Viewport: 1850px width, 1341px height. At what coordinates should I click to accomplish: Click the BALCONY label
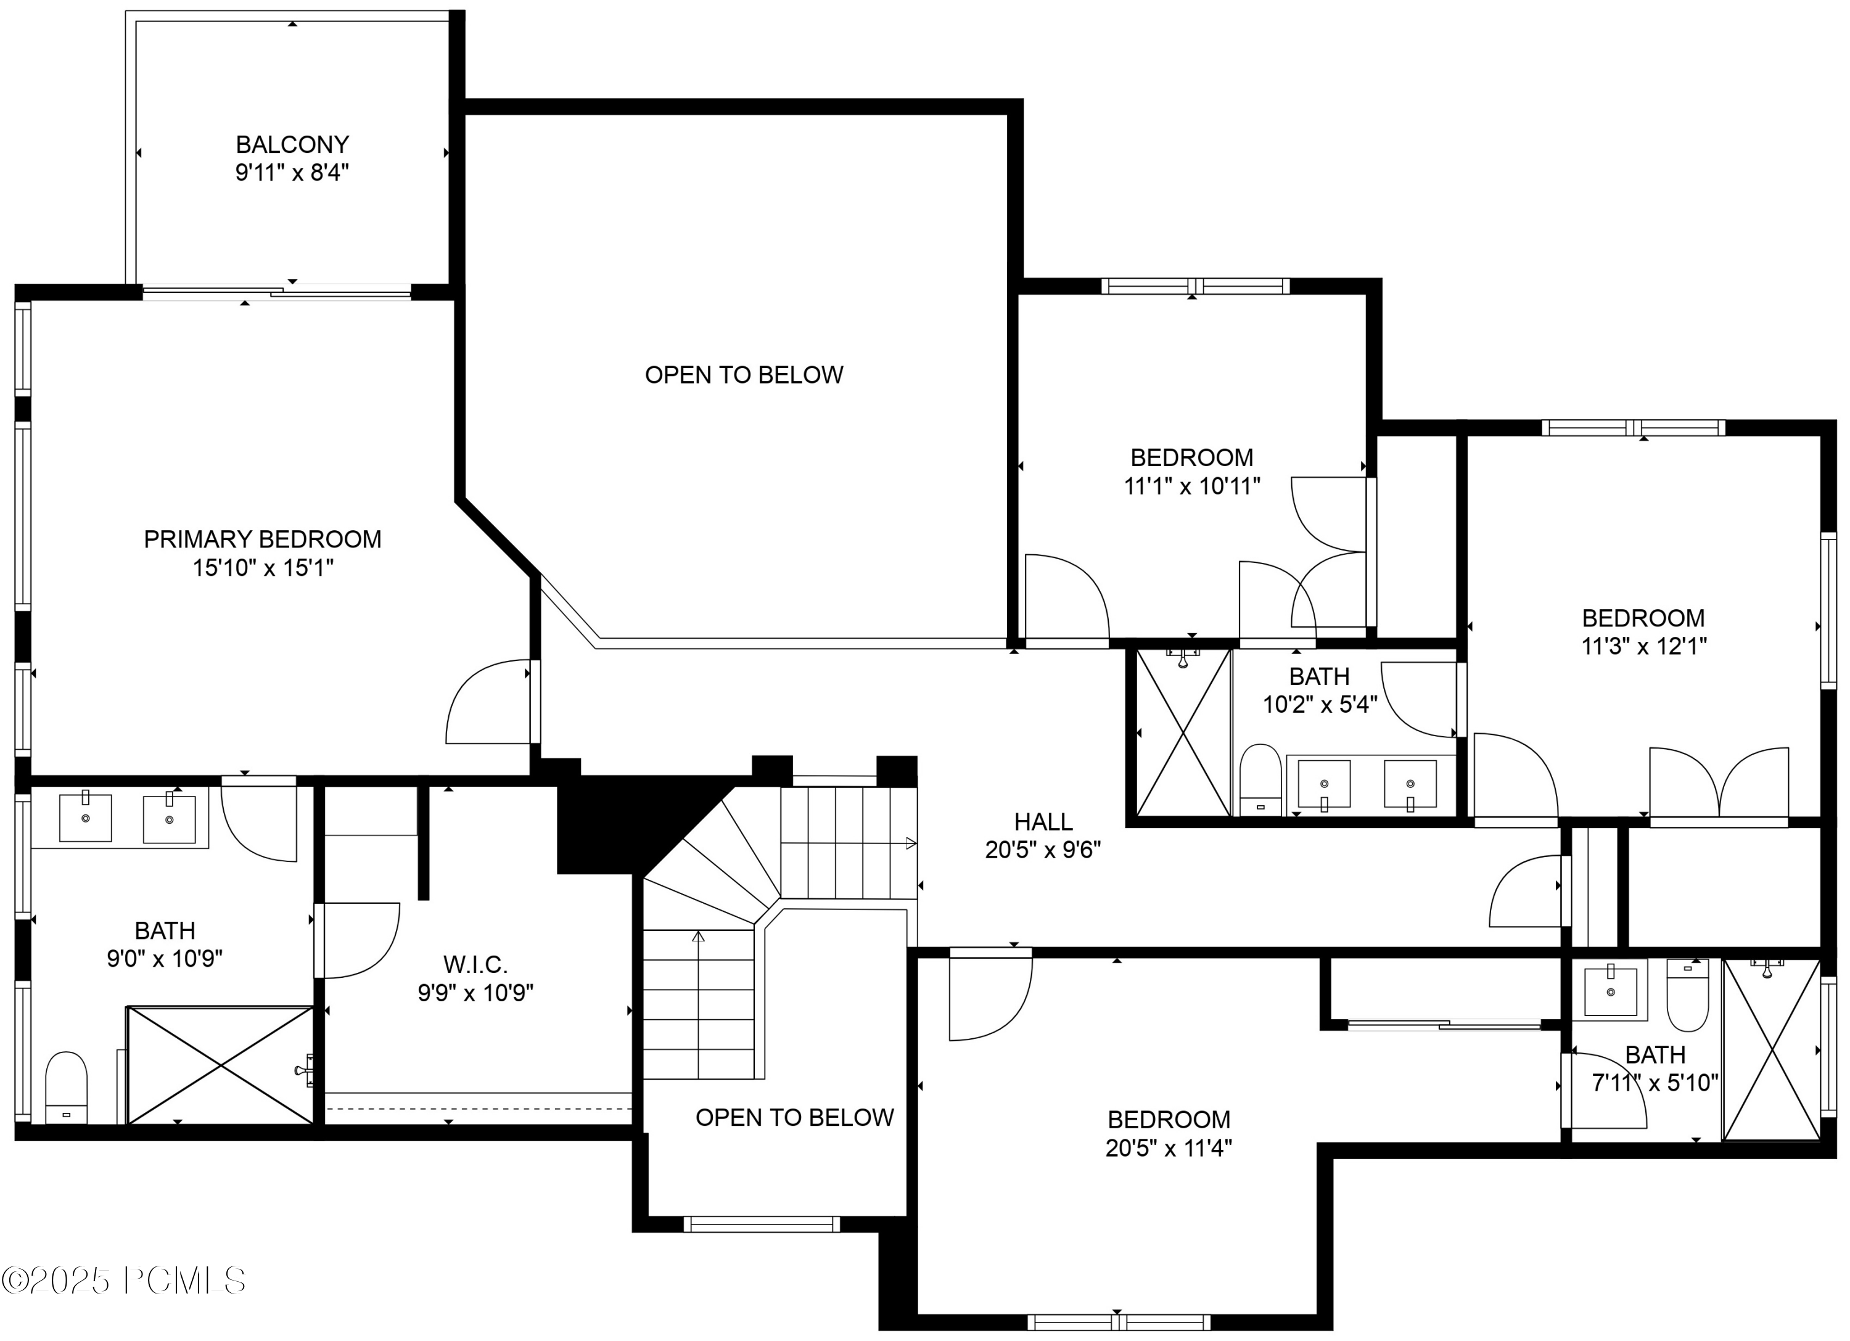pyautogui.click(x=292, y=144)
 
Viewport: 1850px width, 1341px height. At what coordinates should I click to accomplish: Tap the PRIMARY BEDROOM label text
pyautogui.click(x=263, y=539)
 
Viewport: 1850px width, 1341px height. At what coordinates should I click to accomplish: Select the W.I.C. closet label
pyautogui.click(x=475, y=965)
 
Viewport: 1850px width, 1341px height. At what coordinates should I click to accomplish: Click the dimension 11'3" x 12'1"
pyautogui.click(x=1643, y=646)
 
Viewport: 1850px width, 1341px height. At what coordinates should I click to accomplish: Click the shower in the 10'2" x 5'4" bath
pyautogui.click(x=1183, y=732)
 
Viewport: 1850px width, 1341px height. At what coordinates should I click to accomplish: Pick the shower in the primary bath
pyautogui.click(x=220, y=1065)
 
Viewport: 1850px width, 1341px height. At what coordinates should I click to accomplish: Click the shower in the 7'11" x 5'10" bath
pyautogui.click(x=1771, y=1050)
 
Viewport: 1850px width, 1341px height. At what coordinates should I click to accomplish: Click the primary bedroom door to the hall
pyautogui.click(x=490, y=703)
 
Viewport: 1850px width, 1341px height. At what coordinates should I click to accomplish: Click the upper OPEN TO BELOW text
pyautogui.click(x=744, y=375)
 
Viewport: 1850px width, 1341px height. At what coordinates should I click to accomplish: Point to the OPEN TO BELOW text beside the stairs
pyautogui.click(x=794, y=1117)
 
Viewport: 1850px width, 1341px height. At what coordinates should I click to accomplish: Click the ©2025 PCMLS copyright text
pyautogui.click(x=124, y=1281)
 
